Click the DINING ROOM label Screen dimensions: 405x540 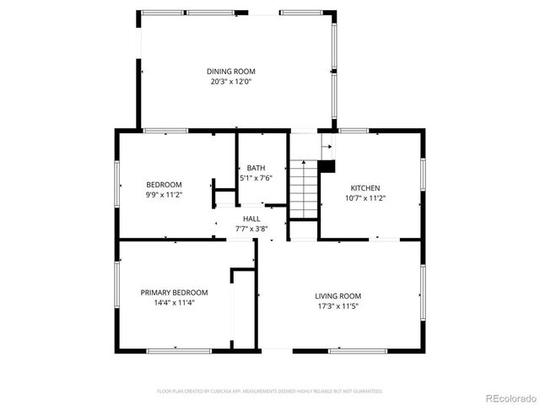click(x=231, y=72)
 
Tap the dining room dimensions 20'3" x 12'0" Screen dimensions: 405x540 click(x=231, y=82)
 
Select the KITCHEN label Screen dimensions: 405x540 click(x=365, y=188)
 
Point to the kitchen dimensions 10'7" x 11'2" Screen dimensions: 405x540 click(x=365, y=198)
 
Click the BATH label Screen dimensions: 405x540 click(x=256, y=168)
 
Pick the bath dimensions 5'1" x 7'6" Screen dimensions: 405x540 click(x=256, y=178)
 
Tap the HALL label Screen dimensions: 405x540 click(x=251, y=219)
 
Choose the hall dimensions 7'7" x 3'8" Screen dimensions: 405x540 click(x=251, y=229)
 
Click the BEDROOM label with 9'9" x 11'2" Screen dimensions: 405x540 click(x=164, y=185)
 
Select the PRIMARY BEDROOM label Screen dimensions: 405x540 click(x=174, y=293)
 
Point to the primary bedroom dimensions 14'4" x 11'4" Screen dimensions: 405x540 click(x=174, y=303)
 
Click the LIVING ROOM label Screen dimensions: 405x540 click(x=338, y=296)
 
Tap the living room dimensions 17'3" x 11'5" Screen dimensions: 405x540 click(x=338, y=306)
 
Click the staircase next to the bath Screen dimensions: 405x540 click(x=304, y=188)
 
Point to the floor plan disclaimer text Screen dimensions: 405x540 click(x=270, y=391)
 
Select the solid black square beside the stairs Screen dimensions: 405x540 click(x=330, y=165)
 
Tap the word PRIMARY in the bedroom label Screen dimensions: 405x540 click(x=157, y=293)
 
